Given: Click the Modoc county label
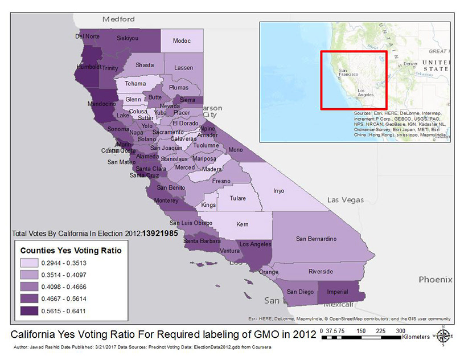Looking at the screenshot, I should [182, 42].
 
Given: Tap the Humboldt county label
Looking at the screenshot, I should [88, 66].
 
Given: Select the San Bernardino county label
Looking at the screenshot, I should [317, 238].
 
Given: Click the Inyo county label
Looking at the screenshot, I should [278, 191].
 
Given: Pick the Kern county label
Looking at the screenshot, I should [243, 224].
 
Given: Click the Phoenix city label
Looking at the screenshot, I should [435, 280].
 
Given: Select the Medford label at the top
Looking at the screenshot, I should [118, 19].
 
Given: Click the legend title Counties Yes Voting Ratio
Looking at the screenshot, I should [71, 249].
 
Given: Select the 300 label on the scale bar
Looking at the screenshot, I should [401, 330].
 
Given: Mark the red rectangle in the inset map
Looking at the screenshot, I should [354, 80].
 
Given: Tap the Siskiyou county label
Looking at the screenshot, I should [127, 38].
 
